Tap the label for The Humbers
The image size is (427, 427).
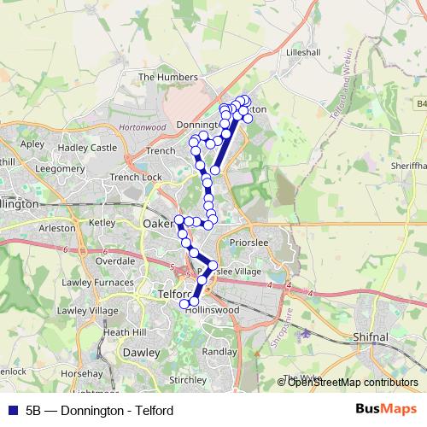167,77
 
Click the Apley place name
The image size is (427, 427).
32,144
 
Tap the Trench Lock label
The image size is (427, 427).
136,178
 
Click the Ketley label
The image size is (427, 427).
102,223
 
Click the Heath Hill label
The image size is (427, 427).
125,331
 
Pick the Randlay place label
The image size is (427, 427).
219,352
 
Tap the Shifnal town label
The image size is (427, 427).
369,338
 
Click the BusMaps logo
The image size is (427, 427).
387,410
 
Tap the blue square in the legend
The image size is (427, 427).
12,411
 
